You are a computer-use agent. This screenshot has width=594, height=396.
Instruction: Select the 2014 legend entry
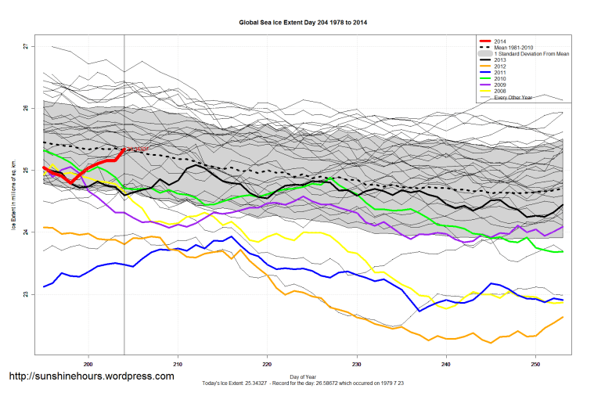point(502,41)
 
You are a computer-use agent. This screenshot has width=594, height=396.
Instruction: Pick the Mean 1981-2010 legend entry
point(517,47)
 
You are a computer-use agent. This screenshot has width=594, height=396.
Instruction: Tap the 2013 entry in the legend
point(502,59)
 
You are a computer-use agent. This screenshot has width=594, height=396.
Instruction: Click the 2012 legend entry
point(502,66)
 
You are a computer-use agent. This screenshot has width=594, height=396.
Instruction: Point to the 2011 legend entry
point(502,72)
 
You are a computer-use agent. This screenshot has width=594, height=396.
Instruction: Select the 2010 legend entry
point(502,78)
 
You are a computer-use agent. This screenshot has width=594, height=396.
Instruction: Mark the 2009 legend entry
point(502,85)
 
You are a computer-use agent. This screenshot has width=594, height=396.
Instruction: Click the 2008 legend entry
point(502,91)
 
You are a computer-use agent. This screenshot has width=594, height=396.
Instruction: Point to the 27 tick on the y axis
point(26,46)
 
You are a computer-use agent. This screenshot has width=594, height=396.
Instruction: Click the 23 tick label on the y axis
point(26,294)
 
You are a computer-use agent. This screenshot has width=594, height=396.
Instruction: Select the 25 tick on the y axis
point(26,171)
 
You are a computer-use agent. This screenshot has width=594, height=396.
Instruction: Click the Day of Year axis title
point(302,377)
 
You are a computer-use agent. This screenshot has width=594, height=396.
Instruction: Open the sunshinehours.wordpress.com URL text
point(91,376)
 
